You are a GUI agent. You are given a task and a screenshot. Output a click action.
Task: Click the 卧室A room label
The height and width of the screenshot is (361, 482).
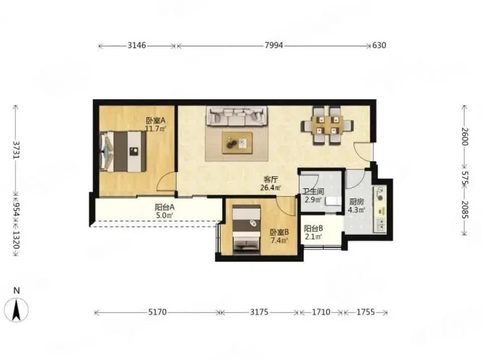[155, 121]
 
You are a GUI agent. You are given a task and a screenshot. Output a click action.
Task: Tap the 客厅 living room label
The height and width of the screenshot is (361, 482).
[271, 179]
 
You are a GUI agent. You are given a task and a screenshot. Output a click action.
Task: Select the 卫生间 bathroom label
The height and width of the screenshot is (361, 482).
[313, 192]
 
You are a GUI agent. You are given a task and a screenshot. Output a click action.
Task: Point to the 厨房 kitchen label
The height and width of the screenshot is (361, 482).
[356, 202]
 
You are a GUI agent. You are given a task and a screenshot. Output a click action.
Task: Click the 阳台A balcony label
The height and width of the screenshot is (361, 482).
[165, 207]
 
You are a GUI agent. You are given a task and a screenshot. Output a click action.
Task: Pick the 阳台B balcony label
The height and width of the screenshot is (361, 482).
[313, 229]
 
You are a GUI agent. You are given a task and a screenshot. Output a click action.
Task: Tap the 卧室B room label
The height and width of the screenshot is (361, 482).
[279, 232]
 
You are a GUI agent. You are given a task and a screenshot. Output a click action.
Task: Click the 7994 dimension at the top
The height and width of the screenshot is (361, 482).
[274, 46]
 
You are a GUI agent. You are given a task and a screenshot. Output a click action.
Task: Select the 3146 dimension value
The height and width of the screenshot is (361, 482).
[137, 46]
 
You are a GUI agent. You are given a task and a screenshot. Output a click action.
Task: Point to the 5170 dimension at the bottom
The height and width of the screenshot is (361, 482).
[157, 312]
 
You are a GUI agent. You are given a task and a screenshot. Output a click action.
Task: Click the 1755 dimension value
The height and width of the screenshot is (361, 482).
[366, 312]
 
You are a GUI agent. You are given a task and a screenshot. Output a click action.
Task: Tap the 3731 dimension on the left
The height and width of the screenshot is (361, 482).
[16, 150]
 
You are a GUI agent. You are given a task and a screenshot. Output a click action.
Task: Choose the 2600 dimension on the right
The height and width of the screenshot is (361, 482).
[464, 136]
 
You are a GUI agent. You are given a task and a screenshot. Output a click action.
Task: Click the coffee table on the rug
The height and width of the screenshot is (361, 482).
[237, 143]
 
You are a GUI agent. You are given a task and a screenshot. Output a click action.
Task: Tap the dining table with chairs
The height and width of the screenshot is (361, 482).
[327, 125]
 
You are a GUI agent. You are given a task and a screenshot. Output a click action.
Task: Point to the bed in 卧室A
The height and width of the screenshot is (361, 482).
[123, 151]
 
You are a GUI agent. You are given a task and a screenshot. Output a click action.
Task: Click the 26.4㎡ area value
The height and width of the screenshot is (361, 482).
[271, 188]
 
